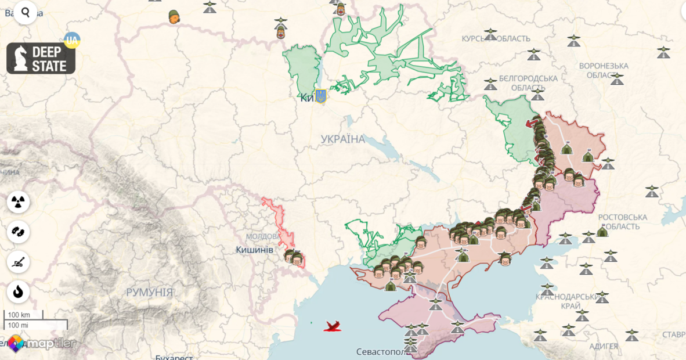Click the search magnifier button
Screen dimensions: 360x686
point(26,12)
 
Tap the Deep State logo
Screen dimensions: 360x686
point(41,58)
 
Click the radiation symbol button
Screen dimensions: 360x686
point(19,202)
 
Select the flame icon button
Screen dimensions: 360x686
point(19,292)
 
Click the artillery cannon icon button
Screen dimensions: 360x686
point(19,262)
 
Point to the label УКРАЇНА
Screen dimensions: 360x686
point(343,139)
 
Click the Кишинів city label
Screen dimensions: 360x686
point(254,250)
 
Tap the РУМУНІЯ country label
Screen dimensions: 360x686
point(149,293)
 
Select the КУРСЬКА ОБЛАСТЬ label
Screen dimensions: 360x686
point(496,39)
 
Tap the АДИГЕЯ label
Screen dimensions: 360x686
point(603,347)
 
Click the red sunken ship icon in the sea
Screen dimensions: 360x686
point(333,327)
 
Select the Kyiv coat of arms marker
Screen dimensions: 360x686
point(320,96)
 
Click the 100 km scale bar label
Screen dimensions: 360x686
point(19,315)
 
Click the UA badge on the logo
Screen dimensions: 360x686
point(72,41)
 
